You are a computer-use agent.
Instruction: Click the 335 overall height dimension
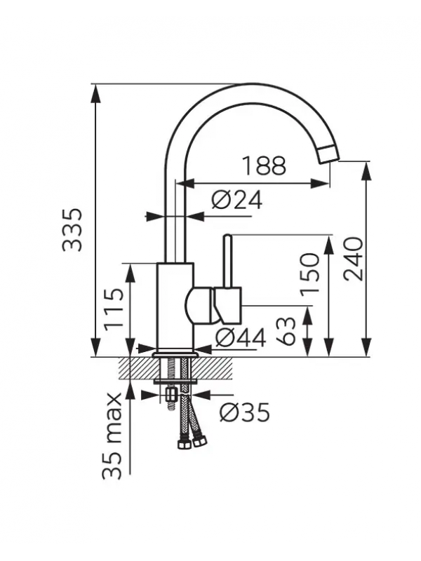[x=72, y=230]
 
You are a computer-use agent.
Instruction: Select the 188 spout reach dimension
[x=265, y=165]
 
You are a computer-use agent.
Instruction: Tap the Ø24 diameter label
[x=236, y=200]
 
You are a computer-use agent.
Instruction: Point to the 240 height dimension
[x=353, y=259]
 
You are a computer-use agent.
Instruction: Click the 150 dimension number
[x=309, y=274]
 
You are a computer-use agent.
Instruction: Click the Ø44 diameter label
[x=240, y=337]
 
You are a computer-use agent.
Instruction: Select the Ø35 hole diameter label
[x=244, y=412]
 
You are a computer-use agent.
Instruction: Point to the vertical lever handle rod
[x=227, y=260]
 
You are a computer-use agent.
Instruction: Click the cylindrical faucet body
[x=175, y=307]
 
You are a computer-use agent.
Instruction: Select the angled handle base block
[x=229, y=304]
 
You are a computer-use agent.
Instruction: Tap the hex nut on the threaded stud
[x=171, y=396]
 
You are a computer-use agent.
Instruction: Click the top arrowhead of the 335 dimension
[x=95, y=94]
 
